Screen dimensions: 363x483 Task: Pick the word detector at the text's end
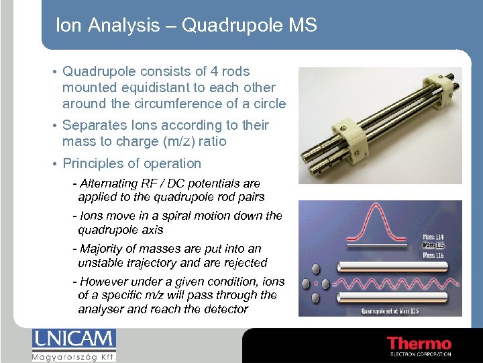point(225,309)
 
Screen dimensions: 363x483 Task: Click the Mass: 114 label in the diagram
point(433,236)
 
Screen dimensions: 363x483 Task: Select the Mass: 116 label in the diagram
point(433,255)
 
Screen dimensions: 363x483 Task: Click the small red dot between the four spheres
point(316,283)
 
